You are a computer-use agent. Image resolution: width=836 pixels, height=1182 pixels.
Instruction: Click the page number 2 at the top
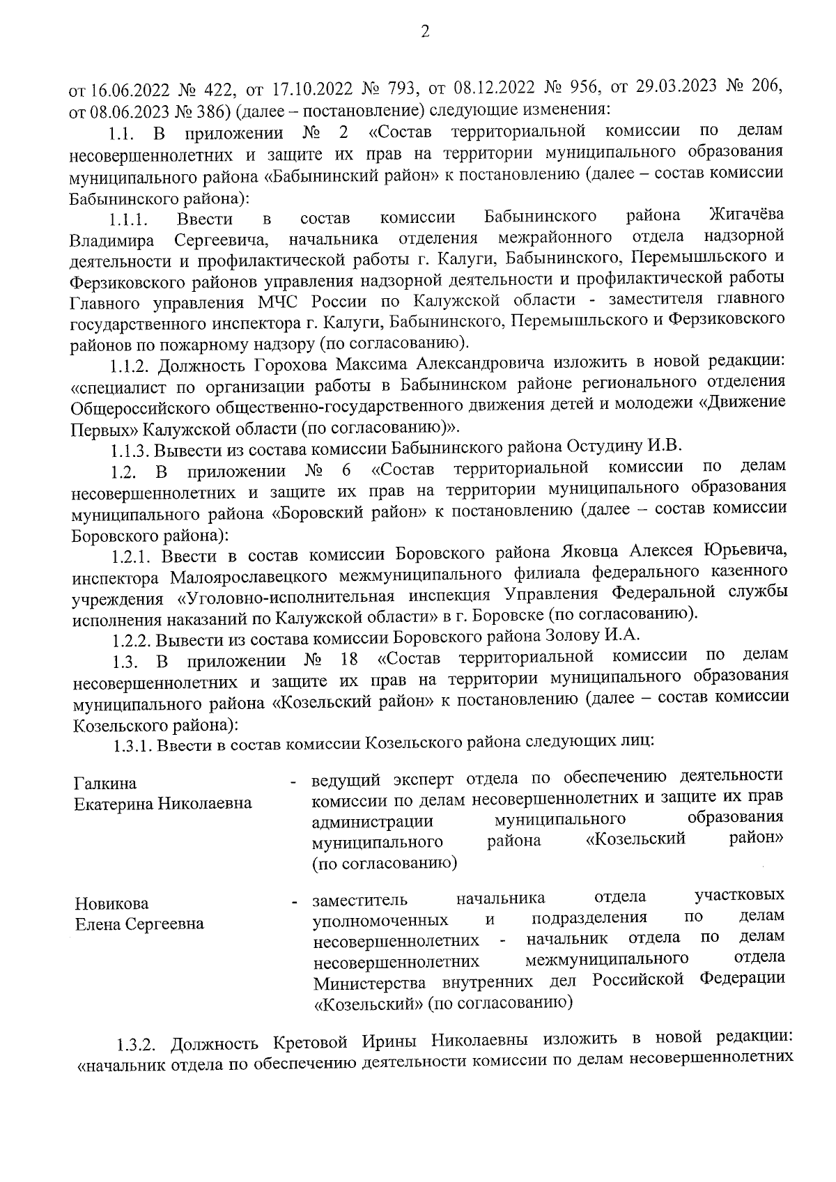point(425,31)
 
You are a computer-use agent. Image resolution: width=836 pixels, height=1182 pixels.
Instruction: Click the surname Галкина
point(106,784)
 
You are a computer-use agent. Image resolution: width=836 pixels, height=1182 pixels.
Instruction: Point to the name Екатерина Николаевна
point(163,804)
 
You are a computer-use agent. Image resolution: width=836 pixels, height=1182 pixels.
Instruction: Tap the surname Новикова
point(111,904)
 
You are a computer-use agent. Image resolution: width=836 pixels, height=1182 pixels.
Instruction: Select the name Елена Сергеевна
point(139,924)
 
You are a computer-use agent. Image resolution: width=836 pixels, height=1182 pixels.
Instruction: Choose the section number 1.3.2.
point(139,1045)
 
